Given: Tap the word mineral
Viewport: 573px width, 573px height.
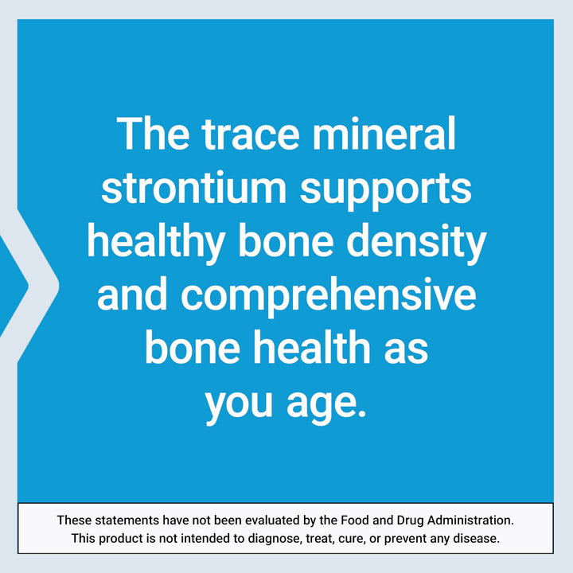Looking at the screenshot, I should coord(388,134).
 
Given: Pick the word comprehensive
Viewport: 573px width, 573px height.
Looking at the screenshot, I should coord(328,296).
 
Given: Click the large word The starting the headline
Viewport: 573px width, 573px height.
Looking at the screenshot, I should coord(151,134).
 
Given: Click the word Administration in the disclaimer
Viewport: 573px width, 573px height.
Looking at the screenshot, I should coord(470,520).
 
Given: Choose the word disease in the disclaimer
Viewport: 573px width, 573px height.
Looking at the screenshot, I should coord(477,539).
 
